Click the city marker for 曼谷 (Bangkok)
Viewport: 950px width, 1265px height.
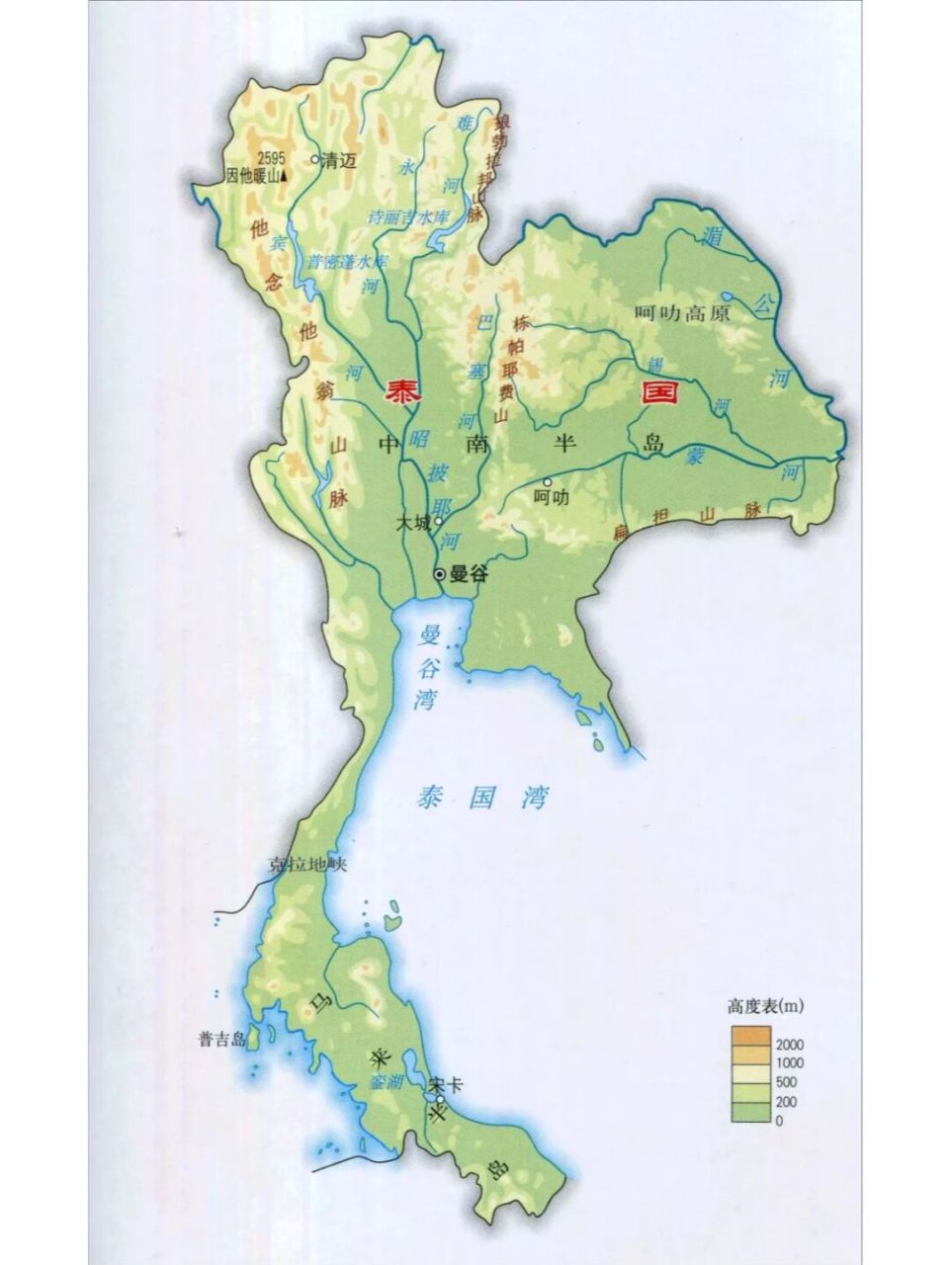[x=440, y=574]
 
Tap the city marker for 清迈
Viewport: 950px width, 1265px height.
[x=316, y=158]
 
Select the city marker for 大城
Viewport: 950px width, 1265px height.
[x=437, y=521]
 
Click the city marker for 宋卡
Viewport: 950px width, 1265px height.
[x=437, y=1098]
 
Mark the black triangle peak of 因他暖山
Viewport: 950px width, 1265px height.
[x=285, y=177]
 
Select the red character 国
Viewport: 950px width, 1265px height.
[x=659, y=392]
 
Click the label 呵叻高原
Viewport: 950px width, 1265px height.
[x=681, y=314]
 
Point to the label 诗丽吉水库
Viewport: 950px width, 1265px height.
[x=408, y=214]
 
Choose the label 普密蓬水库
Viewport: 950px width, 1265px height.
[x=346, y=262]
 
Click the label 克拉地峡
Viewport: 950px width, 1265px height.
[x=309, y=866]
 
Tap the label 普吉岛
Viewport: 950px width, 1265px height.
[x=219, y=1039]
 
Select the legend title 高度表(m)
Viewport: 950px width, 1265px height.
[x=765, y=1007]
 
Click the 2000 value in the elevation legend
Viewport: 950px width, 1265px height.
[x=791, y=1045]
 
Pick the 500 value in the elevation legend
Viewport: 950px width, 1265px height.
[x=787, y=1082]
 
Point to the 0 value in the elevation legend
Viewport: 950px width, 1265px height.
[x=779, y=1120]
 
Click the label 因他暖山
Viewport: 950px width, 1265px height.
[x=252, y=177]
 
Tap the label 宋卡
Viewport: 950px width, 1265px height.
[x=447, y=1084]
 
